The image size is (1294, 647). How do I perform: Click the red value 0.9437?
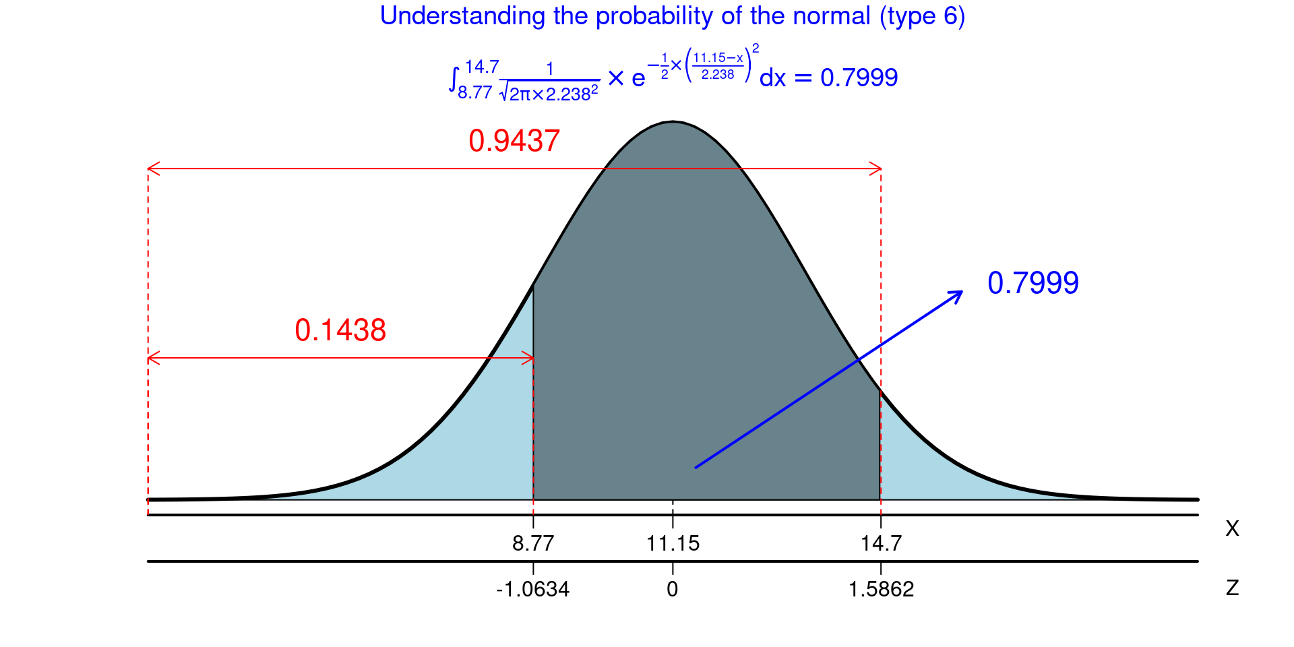514,141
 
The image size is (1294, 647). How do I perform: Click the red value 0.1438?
340,330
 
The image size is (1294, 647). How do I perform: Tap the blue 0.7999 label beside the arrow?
1033,283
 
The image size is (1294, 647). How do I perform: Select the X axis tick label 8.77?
533,543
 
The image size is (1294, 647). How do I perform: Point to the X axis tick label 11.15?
673,543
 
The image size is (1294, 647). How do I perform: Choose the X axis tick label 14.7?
881,543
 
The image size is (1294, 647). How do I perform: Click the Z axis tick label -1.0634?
533,590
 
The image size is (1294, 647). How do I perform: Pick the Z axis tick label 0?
673,590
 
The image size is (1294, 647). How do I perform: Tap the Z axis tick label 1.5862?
881,590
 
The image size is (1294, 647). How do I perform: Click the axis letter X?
1232,528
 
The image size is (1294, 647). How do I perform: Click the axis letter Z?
1232,588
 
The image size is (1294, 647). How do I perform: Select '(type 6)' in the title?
922,16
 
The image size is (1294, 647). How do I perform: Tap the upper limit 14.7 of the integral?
482,67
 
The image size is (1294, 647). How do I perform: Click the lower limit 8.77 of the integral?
475,92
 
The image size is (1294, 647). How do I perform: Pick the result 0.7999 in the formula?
859,78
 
